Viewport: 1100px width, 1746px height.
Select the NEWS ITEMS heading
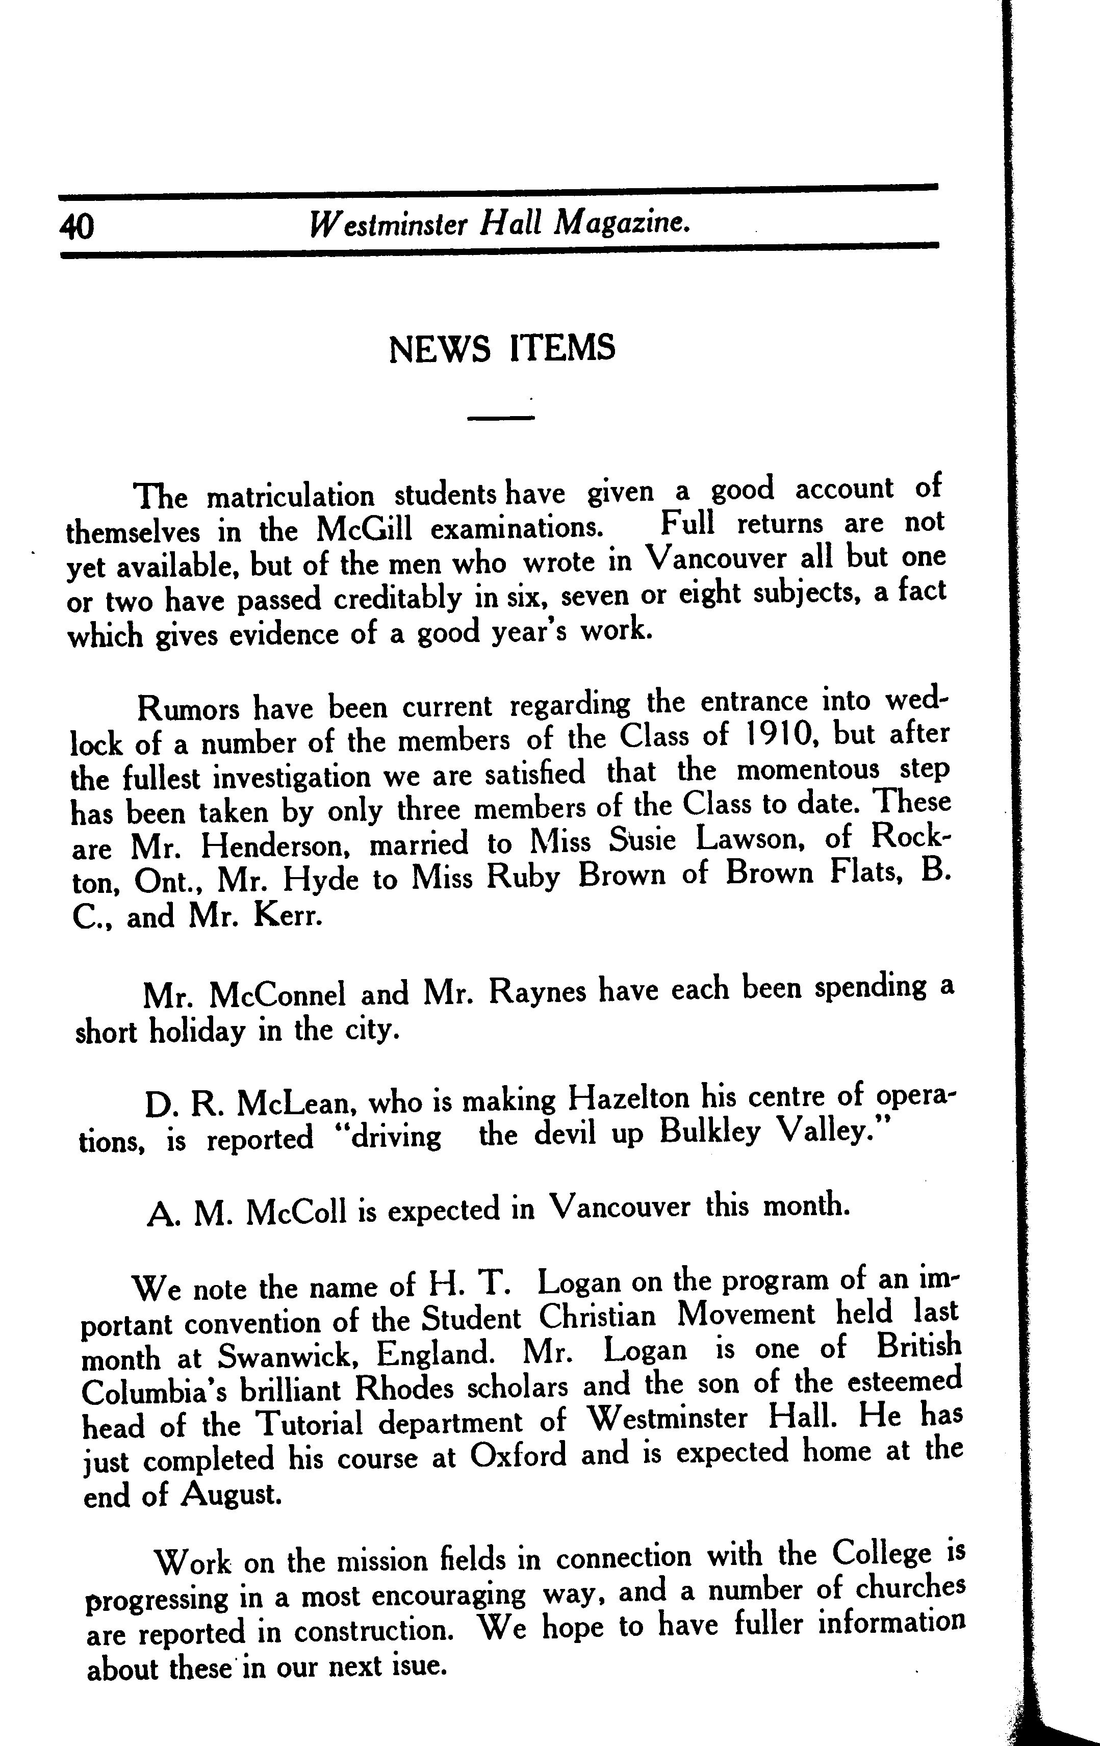pos(502,348)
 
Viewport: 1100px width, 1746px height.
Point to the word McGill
pos(364,529)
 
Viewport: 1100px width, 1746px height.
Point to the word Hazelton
pos(629,1100)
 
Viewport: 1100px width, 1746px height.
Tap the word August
pos(231,1494)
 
